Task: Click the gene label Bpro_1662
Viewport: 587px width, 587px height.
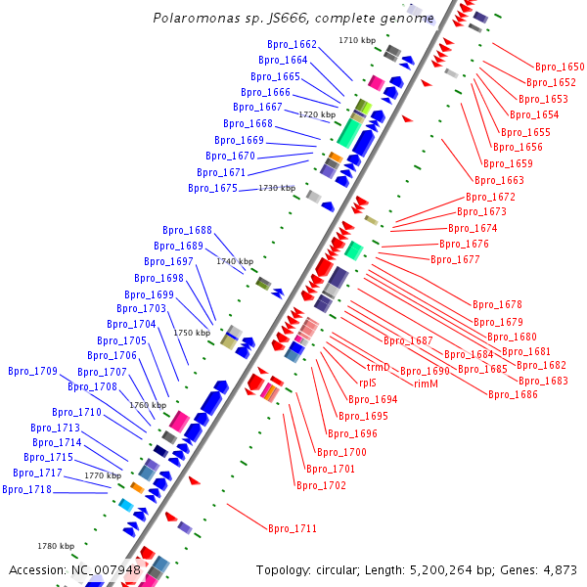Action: pyautogui.click(x=292, y=44)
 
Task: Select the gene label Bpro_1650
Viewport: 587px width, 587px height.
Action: pyautogui.click(x=560, y=67)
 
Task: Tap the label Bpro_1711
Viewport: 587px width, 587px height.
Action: pyautogui.click(x=293, y=528)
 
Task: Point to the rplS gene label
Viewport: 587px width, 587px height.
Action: pyautogui.click(x=368, y=383)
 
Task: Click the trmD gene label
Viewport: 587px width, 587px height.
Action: pyautogui.click(x=378, y=367)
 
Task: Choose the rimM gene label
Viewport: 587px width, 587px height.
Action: pyautogui.click(x=426, y=384)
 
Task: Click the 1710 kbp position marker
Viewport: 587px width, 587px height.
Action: pyautogui.click(x=357, y=40)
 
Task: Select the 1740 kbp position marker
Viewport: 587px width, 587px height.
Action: pyautogui.click(x=235, y=261)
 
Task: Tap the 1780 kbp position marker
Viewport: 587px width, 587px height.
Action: pyautogui.click(x=56, y=546)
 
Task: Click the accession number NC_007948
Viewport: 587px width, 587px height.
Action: pyautogui.click(x=107, y=569)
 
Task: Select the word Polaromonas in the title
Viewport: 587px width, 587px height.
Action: pyautogui.click(x=193, y=18)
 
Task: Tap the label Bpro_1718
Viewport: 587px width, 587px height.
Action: pyautogui.click(x=26, y=489)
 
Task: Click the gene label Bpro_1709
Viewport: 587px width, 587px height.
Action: pyautogui.click(x=32, y=371)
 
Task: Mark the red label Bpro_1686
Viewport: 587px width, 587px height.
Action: pyautogui.click(x=513, y=394)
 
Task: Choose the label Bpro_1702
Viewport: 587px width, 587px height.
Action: pyautogui.click(x=321, y=485)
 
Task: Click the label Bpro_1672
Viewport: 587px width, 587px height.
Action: pyautogui.click(x=490, y=197)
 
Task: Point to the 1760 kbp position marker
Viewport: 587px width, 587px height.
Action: pyautogui.click(x=148, y=404)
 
